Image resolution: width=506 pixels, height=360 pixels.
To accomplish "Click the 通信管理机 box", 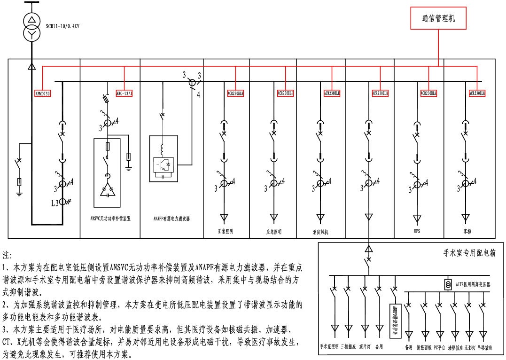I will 438,18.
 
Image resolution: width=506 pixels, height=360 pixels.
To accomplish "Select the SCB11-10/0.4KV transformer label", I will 62,26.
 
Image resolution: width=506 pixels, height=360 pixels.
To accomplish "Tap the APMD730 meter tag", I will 43,93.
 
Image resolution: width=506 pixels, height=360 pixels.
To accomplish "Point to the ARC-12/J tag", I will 124,94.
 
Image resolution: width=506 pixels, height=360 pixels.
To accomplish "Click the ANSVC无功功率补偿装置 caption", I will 110,219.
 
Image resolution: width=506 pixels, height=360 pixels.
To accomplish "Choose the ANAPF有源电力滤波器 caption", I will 171,219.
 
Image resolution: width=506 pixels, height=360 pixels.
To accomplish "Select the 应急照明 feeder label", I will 273,232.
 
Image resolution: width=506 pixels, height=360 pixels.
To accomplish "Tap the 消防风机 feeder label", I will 320,232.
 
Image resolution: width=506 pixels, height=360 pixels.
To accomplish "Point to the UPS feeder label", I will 417,231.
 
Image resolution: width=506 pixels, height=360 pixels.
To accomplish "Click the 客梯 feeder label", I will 467,231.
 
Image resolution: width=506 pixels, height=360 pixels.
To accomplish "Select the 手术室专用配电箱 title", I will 469,253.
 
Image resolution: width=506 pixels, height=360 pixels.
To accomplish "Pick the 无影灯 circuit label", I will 470,348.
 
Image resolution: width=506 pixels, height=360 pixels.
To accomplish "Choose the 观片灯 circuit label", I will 365,347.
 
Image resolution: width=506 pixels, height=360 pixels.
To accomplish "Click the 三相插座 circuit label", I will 348,347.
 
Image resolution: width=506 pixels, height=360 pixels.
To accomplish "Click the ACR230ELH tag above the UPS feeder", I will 428,93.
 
